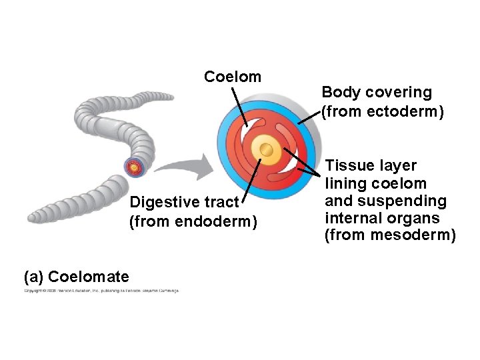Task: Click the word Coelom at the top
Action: coord(233,77)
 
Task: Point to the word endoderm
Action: coord(223,219)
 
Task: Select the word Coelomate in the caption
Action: coord(89,276)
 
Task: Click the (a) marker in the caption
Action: coord(34,276)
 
